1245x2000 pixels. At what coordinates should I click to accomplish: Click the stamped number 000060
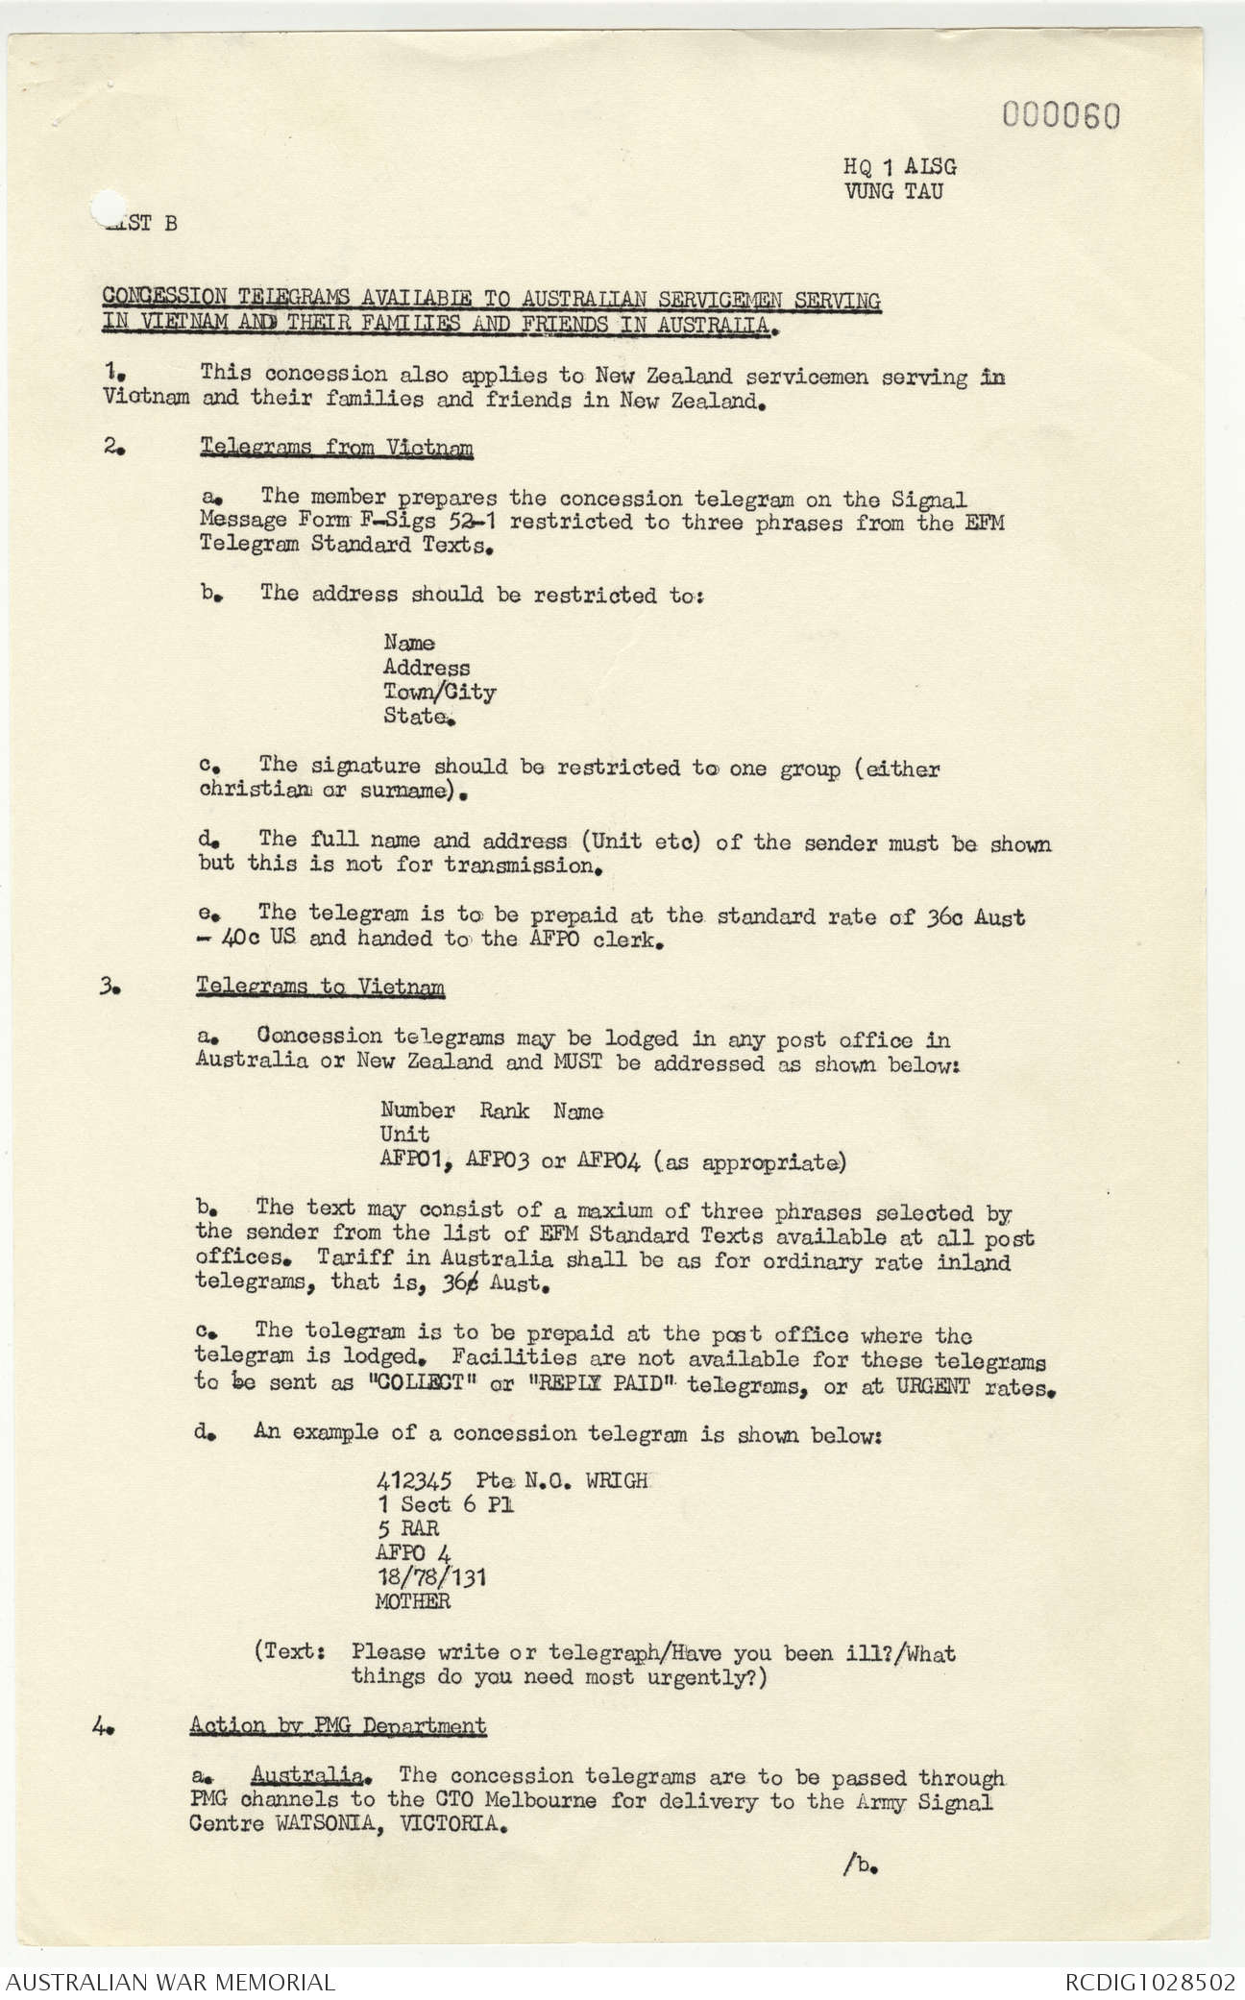1062,116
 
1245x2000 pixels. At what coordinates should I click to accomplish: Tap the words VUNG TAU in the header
893,190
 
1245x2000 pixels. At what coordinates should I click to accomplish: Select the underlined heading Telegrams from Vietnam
336,448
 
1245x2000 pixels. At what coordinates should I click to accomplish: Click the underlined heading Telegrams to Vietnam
320,987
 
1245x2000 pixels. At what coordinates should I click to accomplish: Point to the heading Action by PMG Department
338,1725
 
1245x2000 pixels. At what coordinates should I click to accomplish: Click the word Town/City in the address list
439,692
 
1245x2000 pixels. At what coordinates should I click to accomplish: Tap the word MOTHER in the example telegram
414,1601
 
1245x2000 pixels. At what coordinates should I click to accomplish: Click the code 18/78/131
431,1577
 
